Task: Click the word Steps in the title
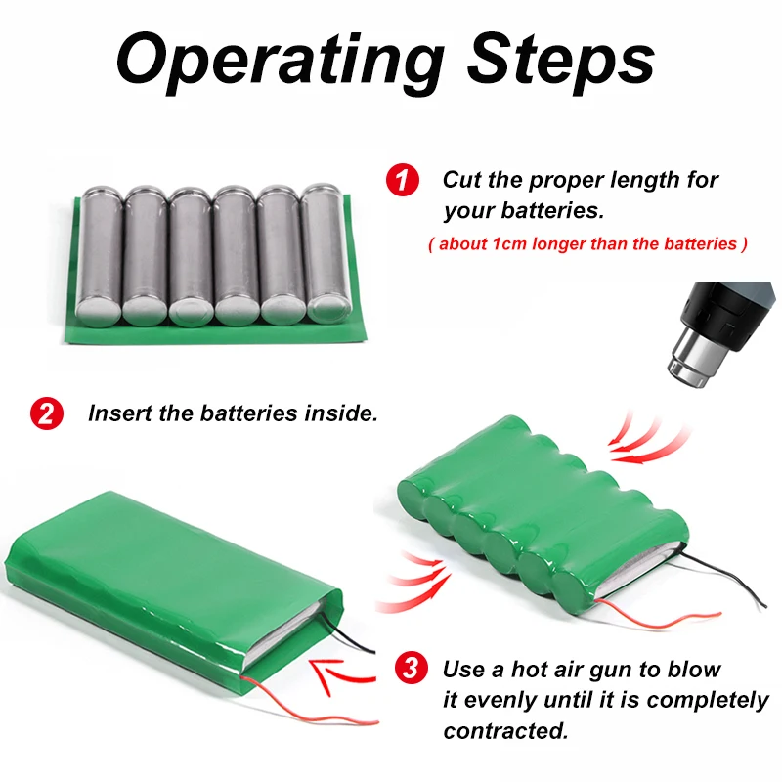(x=561, y=61)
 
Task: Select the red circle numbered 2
(x=46, y=413)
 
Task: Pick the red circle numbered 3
(x=412, y=670)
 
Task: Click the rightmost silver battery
(x=326, y=254)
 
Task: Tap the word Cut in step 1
(x=462, y=180)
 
